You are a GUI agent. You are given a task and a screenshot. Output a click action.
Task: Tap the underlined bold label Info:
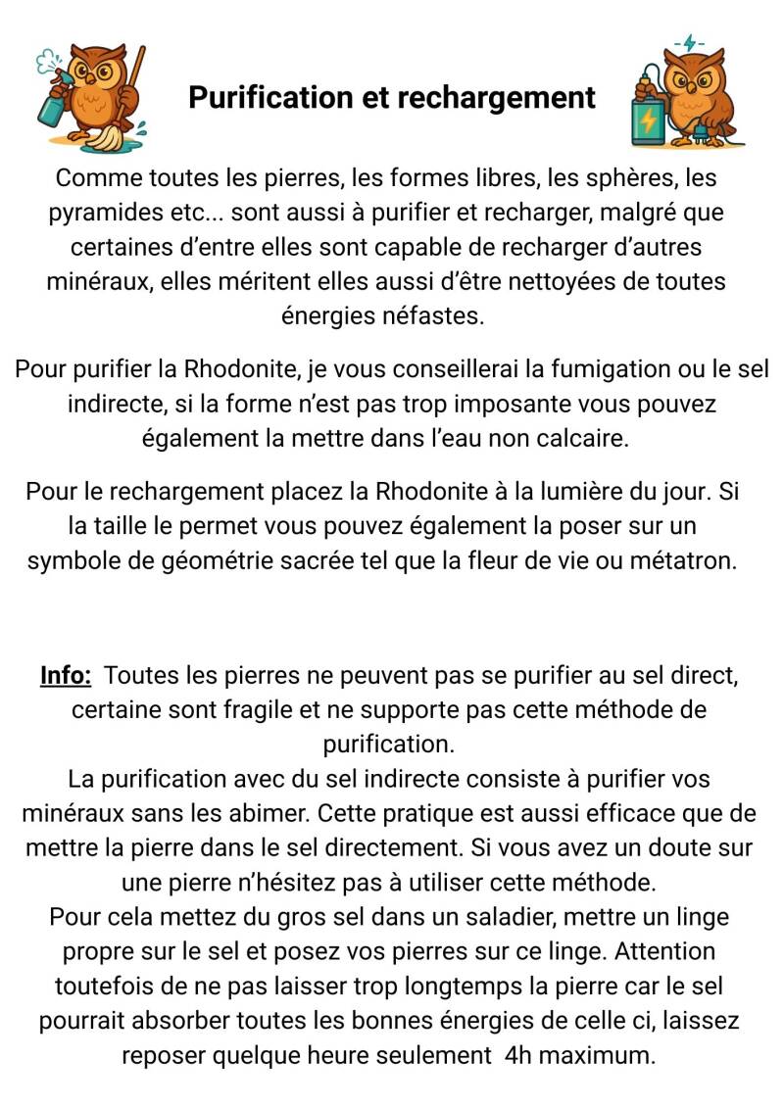66,675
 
